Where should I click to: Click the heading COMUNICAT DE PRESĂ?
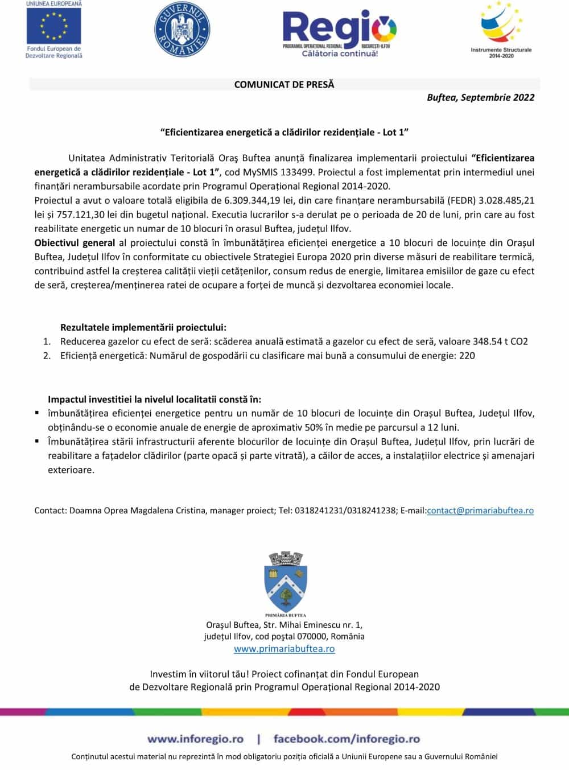(284, 84)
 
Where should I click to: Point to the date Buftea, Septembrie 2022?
(480, 97)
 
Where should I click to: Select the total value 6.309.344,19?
(254, 200)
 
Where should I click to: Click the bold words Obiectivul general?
(75, 243)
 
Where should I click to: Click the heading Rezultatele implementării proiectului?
(143, 327)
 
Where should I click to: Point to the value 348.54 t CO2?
(500, 341)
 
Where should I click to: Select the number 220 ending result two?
(467, 356)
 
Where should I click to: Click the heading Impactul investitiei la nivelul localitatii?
(155, 400)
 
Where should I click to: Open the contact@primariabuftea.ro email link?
(480, 510)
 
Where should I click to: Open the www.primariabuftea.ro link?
(284, 649)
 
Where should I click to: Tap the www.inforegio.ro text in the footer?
(195, 739)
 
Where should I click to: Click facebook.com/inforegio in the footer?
(347, 739)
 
